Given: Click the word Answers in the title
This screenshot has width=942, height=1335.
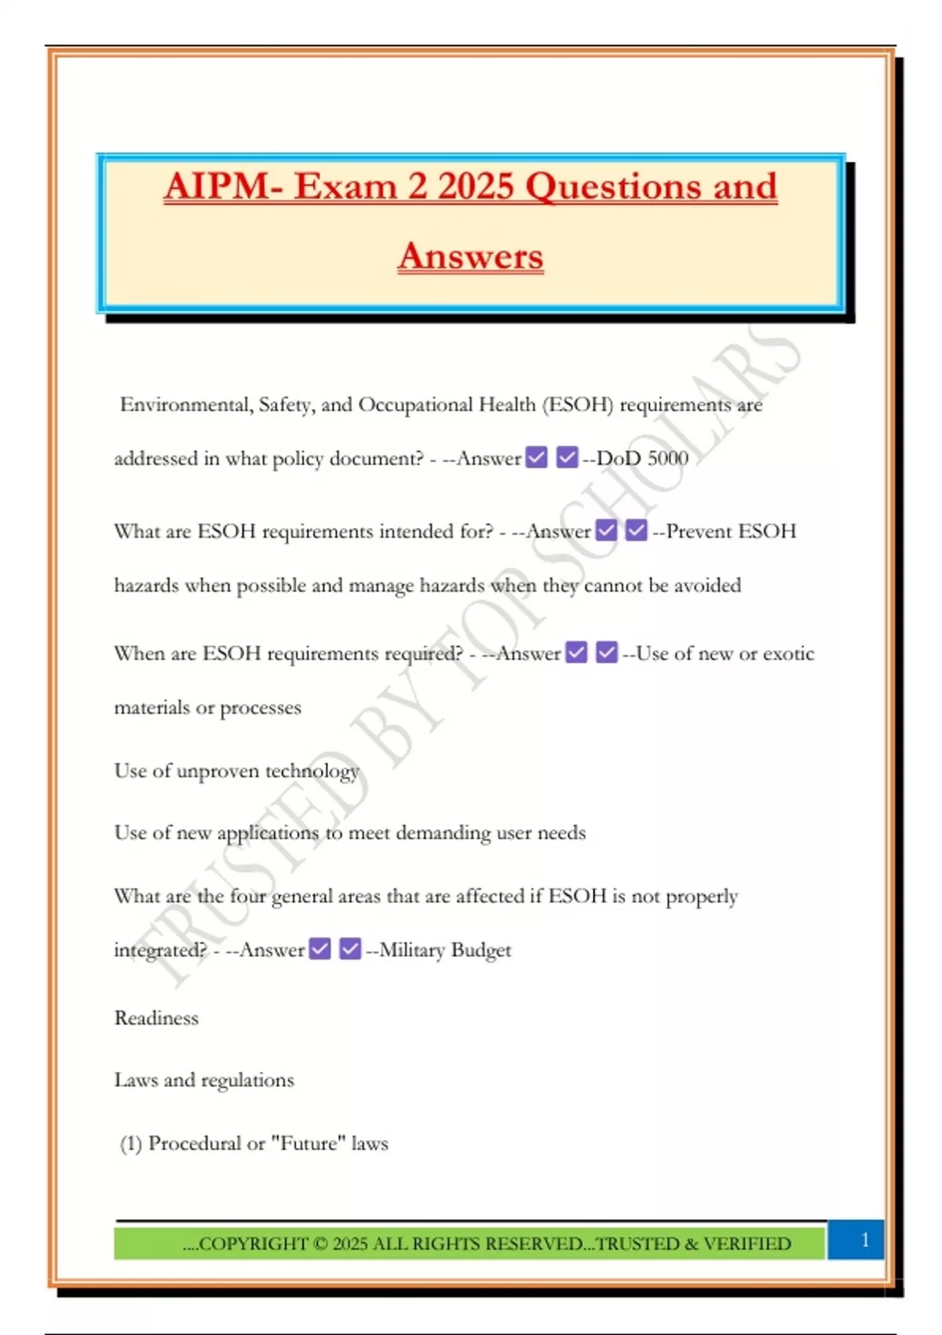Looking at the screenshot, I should (470, 256).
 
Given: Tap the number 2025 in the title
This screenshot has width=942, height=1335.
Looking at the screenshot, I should (476, 187).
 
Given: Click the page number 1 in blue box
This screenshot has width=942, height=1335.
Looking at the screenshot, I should (864, 1240).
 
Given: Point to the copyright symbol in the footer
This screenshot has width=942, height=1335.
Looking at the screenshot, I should (320, 1244).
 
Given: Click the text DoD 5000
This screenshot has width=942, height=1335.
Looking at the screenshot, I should (642, 458).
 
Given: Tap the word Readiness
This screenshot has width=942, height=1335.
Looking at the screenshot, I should (156, 1018).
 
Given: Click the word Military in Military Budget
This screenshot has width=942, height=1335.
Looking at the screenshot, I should (412, 950).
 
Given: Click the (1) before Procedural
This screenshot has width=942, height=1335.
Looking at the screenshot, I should (131, 1143).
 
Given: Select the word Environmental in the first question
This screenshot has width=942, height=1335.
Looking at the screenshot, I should (184, 404).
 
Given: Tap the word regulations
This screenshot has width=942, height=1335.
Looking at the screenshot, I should (248, 1081).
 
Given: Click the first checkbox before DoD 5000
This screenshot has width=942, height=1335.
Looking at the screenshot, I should (537, 457).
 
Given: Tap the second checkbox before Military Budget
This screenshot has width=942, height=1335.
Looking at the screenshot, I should (350, 949).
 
